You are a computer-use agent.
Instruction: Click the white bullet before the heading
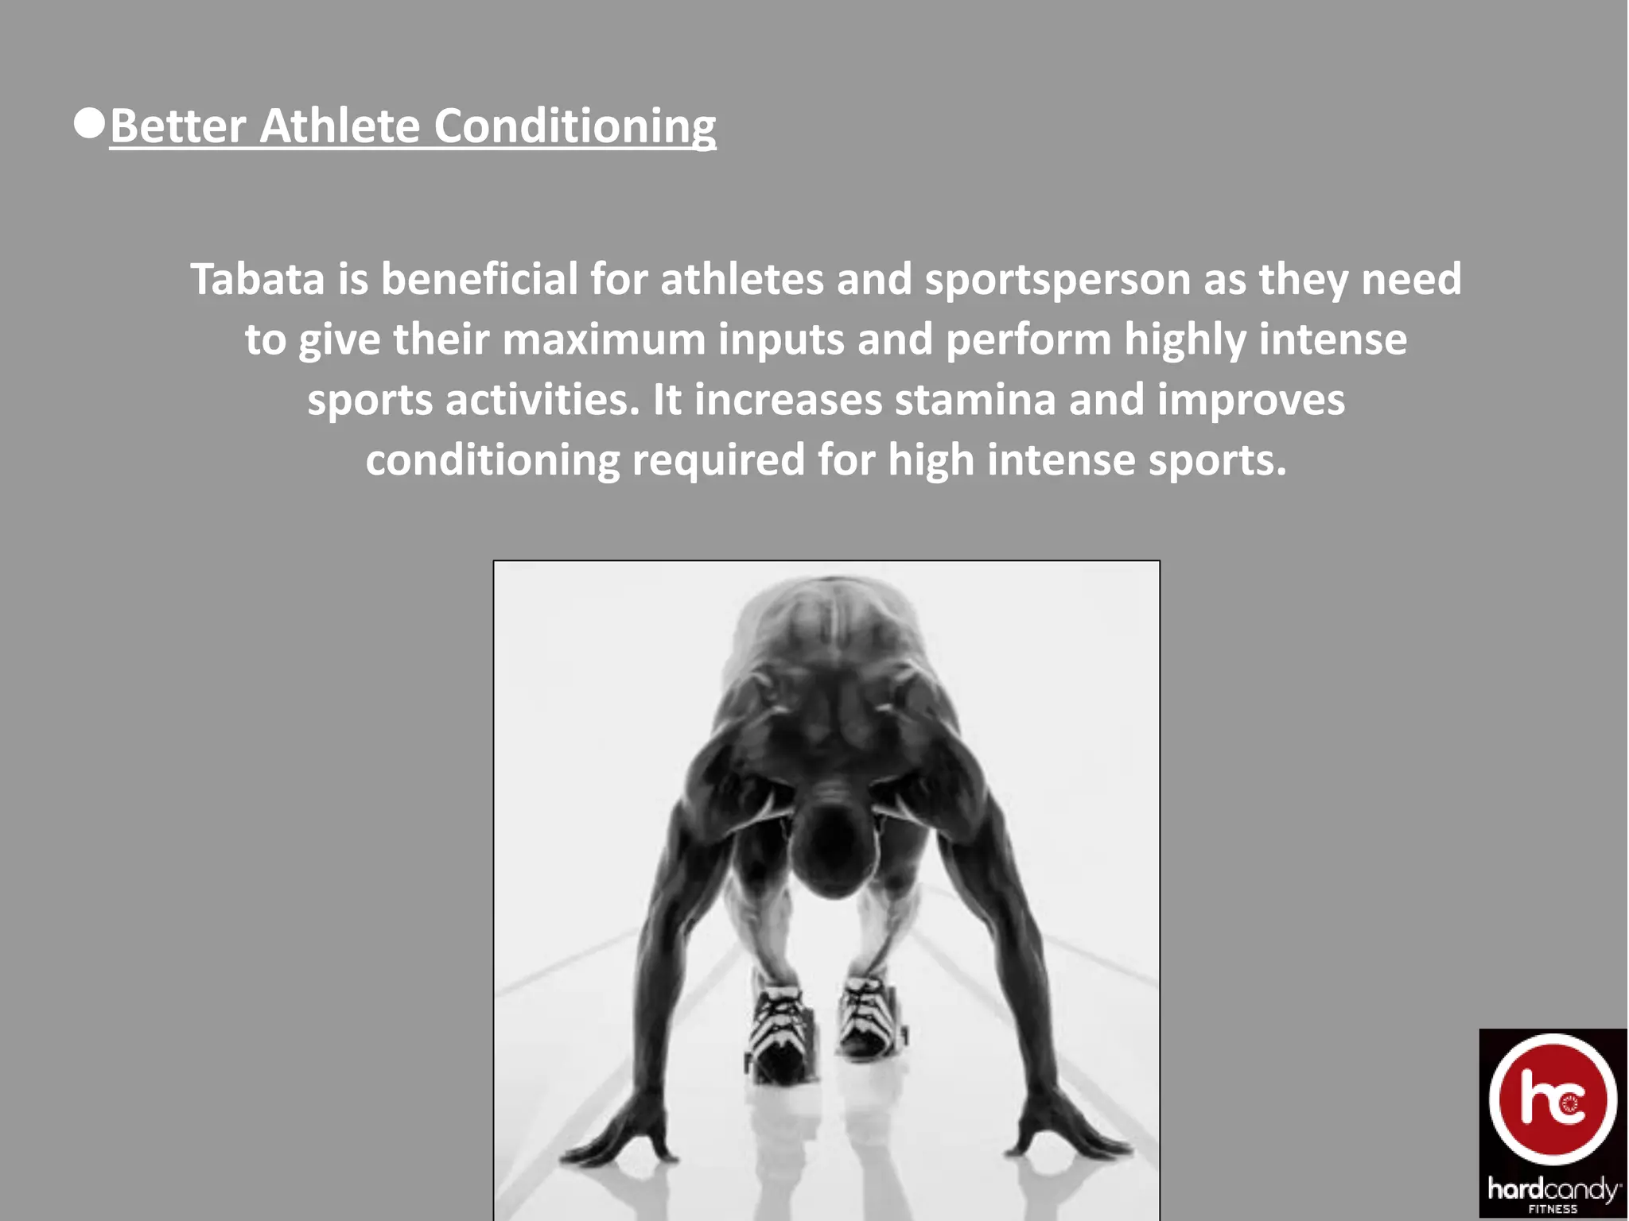[x=89, y=124]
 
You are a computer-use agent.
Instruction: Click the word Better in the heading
[x=177, y=126]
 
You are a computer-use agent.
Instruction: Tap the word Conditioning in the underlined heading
[x=574, y=127]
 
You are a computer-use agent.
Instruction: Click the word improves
[x=1250, y=401]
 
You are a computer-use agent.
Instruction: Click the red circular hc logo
[x=1552, y=1101]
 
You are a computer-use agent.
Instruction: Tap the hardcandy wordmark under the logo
[x=1553, y=1189]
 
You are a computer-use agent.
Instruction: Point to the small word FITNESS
[x=1553, y=1209]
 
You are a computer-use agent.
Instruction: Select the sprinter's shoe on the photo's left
[x=779, y=1033]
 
